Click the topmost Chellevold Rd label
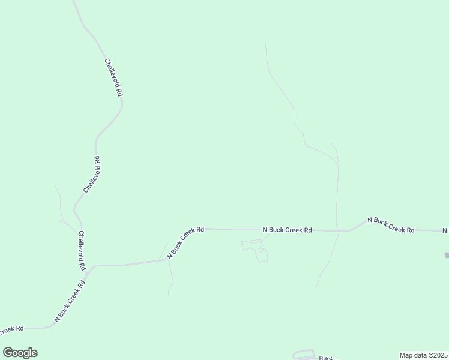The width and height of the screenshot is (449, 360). pyautogui.click(x=113, y=78)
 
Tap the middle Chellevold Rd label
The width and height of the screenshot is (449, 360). pyautogui.click(x=91, y=174)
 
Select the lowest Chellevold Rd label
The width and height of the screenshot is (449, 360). pyautogui.click(x=81, y=251)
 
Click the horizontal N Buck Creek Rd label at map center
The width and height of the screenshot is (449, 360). pyautogui.click(x=288, y=229)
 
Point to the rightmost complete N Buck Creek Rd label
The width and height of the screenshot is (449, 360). pyautogui.click(x=391, y=225)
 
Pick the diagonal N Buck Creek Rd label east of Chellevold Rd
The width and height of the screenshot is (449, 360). pyautogui.click(x=185, y=242)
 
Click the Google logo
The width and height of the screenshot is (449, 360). pyautogui.click(x=20, y=353)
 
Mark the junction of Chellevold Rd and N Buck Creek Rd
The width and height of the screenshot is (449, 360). pyautogui.click(x=88, y=273)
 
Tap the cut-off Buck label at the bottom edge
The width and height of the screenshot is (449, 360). pyautogui.click(x=325, y=358)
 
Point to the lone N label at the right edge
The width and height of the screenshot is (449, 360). pyautogui.click(x=445, y=230)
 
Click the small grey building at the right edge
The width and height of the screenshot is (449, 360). pyautogui.click(x=447, y=255)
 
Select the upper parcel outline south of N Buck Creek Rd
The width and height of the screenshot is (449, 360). pyautogui.click(x=252, y=245)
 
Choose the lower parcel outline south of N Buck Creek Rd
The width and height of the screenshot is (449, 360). pyautogui.click(x=261, y=256)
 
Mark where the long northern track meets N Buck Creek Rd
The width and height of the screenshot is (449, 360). pyautogui.click(x=339, y=230)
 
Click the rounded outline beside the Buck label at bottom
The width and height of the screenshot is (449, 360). pyautogui.click(x=303, y=354)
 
